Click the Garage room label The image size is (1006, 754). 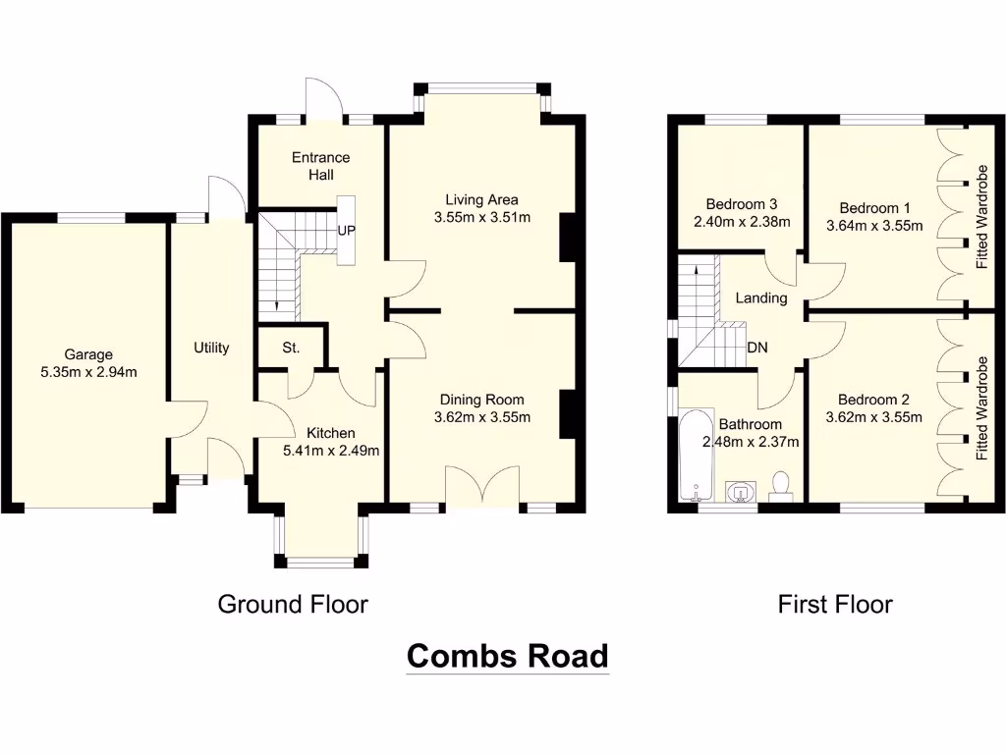88,354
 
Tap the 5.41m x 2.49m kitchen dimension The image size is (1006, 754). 330,451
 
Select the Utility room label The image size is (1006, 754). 211,348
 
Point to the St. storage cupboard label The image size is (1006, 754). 290,349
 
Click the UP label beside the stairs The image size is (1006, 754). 346,232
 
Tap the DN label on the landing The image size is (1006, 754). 757,347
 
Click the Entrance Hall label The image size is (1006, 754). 320,166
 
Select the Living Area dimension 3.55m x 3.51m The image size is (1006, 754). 481,218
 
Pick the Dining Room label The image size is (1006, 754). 481,400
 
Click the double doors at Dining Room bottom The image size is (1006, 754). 481,486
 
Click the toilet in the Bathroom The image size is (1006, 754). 781,485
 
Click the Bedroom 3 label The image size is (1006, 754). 735,204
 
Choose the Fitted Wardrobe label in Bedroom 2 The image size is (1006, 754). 980,410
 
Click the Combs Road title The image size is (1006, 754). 508,656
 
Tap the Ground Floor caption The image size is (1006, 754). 293,604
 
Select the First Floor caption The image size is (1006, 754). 835,604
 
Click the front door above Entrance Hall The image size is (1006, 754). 323,98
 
